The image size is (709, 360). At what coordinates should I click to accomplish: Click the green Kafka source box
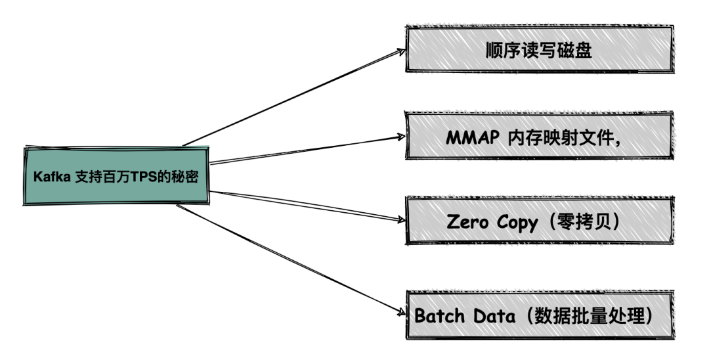(117, 175)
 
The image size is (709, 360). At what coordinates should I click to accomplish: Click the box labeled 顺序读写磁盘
(540, 50)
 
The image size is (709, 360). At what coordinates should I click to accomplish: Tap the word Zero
(467, 222)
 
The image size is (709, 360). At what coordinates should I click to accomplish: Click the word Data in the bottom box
(490, 315)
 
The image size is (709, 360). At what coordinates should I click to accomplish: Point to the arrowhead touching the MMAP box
(401, 137)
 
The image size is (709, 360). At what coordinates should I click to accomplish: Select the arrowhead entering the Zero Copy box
(401, 221)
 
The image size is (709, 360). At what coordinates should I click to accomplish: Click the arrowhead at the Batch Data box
(401, 313)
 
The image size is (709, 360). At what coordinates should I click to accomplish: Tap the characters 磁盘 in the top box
(578, 50)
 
